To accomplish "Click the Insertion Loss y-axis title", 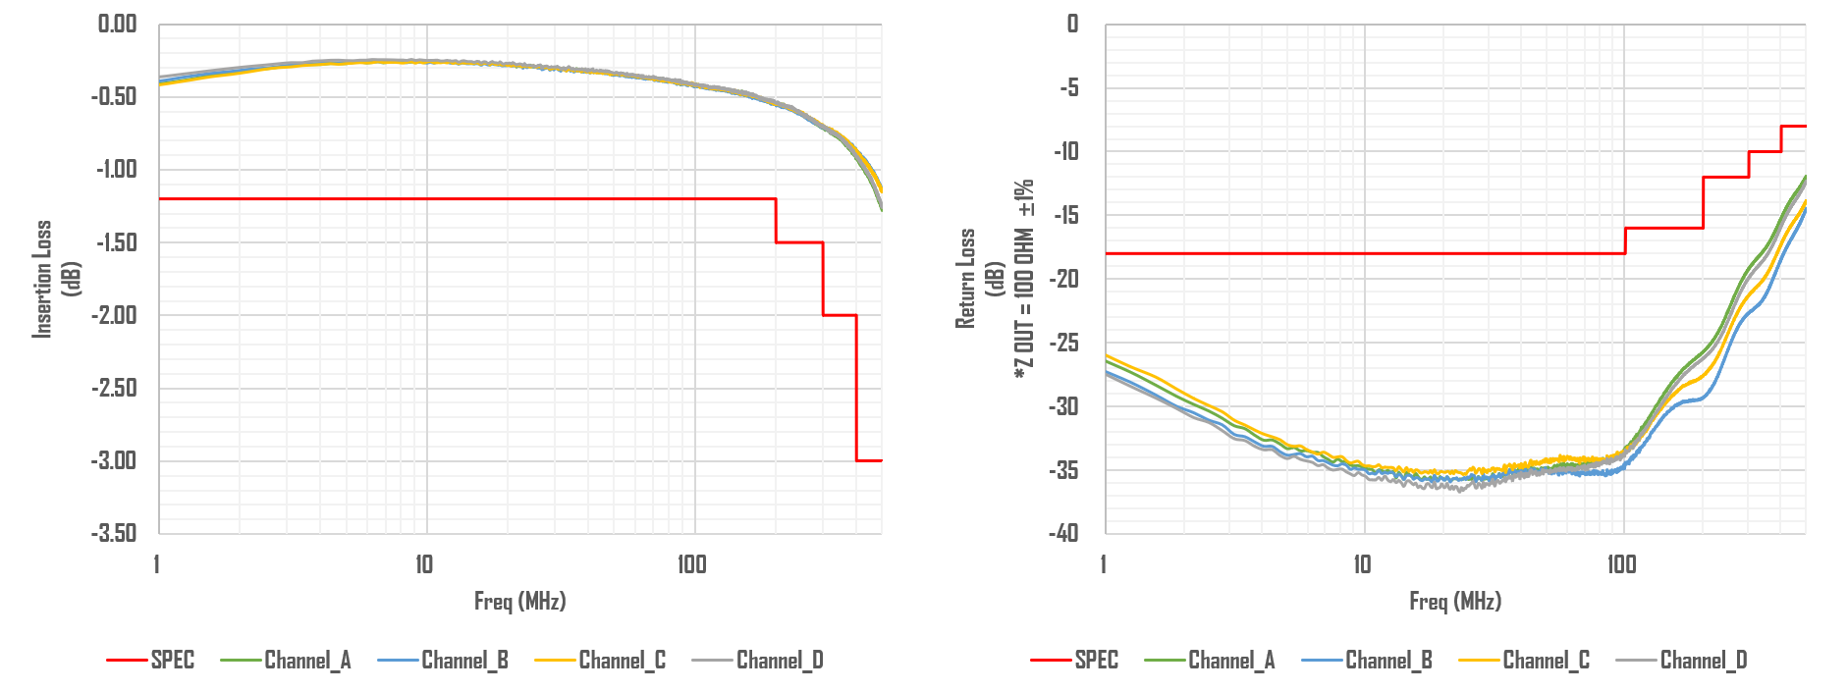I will pyautogui.click(x=42, y=279).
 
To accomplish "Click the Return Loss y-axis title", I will pyautogui.click(x=966, y=279).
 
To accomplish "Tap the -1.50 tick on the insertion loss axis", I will pyautogui.click(x=116, y=242).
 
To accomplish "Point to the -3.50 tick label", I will pyautogui.click(x=114, y=533).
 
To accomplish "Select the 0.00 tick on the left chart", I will pyautogui.click(x=117, y=24).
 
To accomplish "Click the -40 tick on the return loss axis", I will pyautogui.click(x=1063, y=533).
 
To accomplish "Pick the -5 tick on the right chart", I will pyautogui.click(x=1068, y=88).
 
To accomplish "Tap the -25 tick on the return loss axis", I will pyautogui.click(x=1063, y=343).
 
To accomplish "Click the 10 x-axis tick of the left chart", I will pyautogui.click(x=423, y=564).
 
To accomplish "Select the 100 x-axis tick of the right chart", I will pyautogui.click(x=1622, y=564).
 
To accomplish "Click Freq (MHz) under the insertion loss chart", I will pyautogui.click(x=519, y=601).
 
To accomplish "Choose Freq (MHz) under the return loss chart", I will pyautogui.click(x=1455, y=601).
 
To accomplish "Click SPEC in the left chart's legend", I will pyautogui.click(x=172, y=661).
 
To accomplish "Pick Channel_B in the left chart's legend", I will pyautogui.click(x=464, y=661).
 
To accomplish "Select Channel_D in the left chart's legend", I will pyautogui.click(x=780, y=661).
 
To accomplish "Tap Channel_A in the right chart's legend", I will pyautogui.click(x=1231, y=661).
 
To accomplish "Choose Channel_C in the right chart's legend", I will pyautogui.click(x=1546, y=661).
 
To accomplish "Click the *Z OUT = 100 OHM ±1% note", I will pyautogui.click(x=1024, y=279).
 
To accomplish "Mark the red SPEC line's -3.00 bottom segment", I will pyautogui.click(x=869, y=460).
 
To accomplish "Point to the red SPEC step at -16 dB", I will pyautogui.click(x=1663, y=228).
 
